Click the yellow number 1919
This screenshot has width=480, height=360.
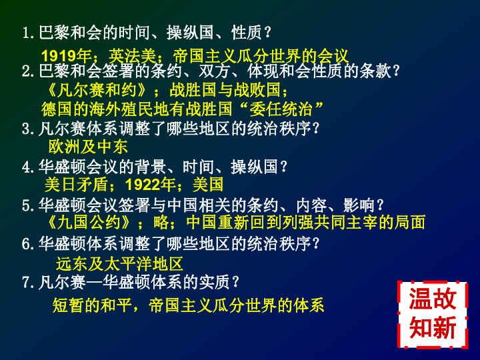pos(59,56)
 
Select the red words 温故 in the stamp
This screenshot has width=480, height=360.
pos(433,299)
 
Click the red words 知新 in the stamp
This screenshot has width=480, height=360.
pos(433,327)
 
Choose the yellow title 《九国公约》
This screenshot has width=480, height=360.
pos(89,222)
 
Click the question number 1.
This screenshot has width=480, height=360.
pos(26,33)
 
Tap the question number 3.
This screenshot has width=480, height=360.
pos(26,129)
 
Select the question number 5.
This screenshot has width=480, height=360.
pos(26,205)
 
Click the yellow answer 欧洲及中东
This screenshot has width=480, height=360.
pos(88,147)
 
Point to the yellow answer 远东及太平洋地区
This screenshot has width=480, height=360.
pos(119,264)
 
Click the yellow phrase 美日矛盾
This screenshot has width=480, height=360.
pos(76,185)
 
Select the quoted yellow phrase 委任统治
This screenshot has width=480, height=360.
pos(281,109)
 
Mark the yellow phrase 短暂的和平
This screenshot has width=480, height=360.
pos(91,305)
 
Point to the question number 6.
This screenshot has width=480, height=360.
pos(26,244)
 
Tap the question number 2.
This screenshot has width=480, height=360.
pos(26,71)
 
